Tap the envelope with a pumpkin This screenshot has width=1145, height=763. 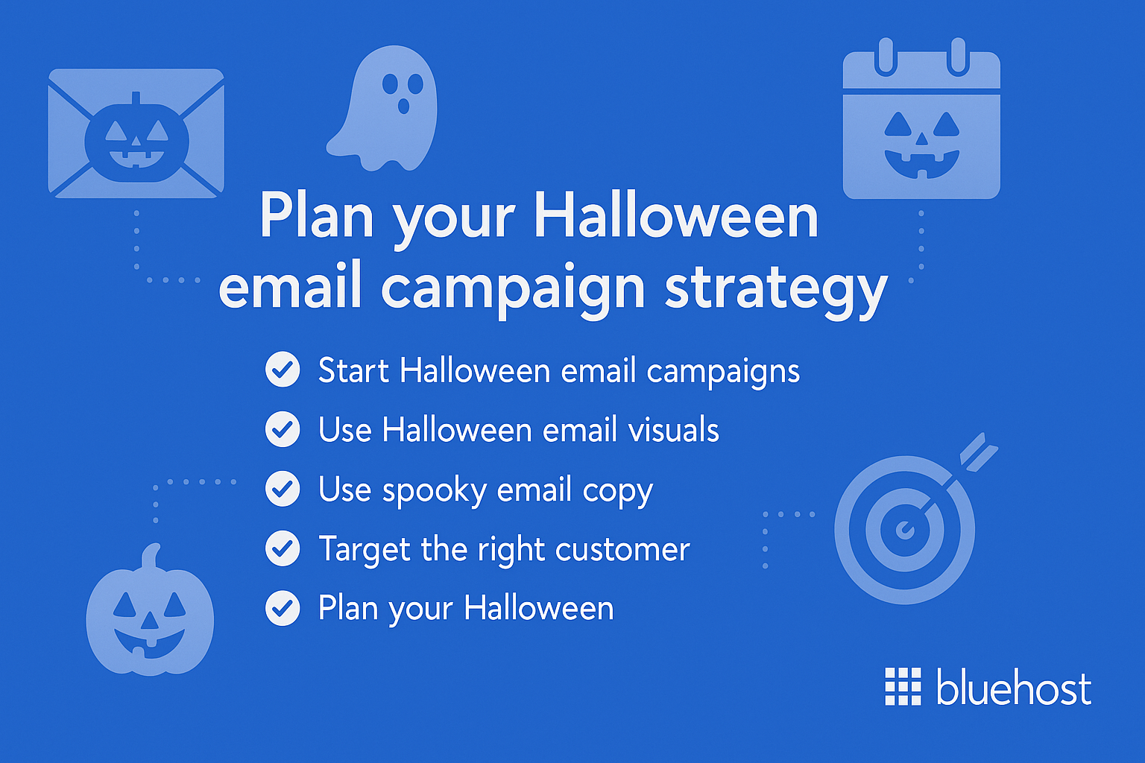tap(136, 134)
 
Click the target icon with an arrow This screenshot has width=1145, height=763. tap(905, 529)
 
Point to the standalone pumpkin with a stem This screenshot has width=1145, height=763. tap(150, 612)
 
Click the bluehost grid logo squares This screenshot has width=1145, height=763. tap(903, 686)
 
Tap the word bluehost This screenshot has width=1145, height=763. tap(1014, 687)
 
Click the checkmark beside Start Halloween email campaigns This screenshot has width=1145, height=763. tap(283, 370)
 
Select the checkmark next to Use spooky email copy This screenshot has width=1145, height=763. tap(283, 489)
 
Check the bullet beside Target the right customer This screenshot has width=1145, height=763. tap(283, 548)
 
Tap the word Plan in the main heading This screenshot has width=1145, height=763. tap(316, 217)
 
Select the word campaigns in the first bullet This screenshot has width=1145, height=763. tap(723, 372)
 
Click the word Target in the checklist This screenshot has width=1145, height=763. tap(365, 550)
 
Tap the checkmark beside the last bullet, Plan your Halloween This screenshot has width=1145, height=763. tap(283, 608)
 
